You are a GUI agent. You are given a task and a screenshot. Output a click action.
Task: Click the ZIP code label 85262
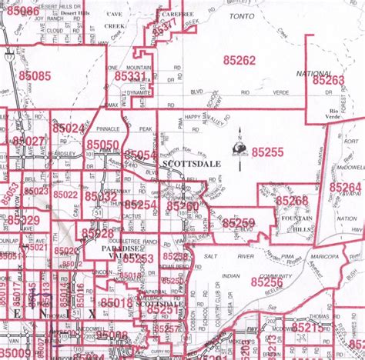(x=239, y=60)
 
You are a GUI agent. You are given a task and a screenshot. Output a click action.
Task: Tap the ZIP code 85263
(x=328, y=80)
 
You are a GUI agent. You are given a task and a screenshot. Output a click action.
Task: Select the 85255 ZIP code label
(x=268, y=152)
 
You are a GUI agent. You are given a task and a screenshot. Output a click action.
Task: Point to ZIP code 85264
(x=345, y=187)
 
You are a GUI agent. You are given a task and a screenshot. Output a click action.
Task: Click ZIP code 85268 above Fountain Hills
(x=292, y=200)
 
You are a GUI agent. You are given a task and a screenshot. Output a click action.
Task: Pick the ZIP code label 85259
(x=239, y=223)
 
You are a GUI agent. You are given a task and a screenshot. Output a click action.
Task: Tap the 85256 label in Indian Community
(x=266, y=282)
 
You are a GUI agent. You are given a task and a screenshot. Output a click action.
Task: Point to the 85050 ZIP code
(x=102, y=145)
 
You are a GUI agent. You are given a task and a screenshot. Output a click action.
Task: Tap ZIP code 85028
(x=98, y=233)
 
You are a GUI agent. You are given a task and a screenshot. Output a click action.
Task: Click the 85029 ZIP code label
(x=23, y=221)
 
